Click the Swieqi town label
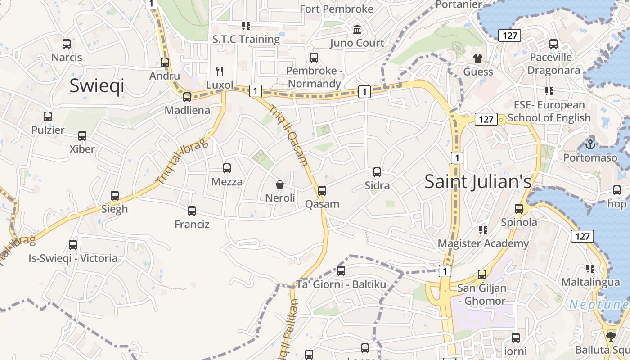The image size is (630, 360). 97,86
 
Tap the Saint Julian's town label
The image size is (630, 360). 478,181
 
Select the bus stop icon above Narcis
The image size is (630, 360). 67,44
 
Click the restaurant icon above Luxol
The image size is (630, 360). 220,71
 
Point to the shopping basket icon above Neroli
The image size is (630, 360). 280,184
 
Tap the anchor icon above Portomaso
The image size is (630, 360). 590,144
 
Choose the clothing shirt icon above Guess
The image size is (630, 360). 477,58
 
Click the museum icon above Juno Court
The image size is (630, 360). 357,30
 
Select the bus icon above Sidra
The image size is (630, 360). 377,172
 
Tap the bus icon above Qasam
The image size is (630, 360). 322,190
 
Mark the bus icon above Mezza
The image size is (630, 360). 227,168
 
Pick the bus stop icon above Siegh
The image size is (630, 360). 115,196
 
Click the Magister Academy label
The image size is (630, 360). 483,243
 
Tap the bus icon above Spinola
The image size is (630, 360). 519,209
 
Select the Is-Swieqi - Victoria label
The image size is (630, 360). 73,258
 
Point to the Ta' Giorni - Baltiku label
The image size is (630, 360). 341,284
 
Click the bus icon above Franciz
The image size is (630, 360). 192,211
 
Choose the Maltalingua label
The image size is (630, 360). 590,282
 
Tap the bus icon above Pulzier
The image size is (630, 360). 48,117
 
